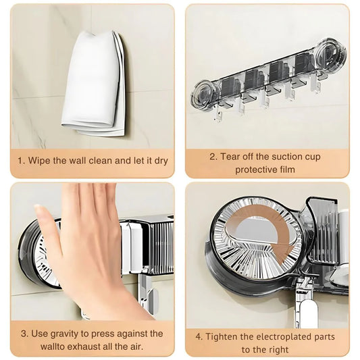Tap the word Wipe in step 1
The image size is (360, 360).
point(39,161)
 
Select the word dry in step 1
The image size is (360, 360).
point(159,161)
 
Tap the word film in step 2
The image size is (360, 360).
point(288,170)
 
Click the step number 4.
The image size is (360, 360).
point(199,336)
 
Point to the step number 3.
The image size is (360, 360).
point(24,334)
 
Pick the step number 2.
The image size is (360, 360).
point(212,157)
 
